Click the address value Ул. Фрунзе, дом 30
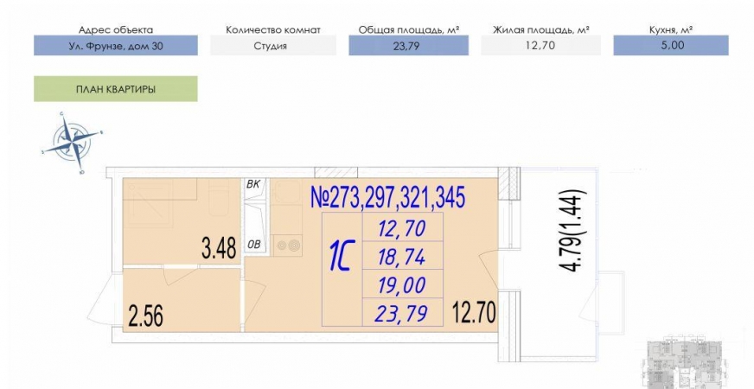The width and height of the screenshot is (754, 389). (116, 46)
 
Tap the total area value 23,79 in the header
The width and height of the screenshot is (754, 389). (408, 46)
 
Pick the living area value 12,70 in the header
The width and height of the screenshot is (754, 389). (540, 46)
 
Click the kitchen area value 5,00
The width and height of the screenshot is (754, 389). (671, 46)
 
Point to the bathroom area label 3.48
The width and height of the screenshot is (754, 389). (219, 250)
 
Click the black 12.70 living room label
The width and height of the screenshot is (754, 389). (474, 310)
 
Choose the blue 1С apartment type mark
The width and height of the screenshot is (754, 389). (341, 257)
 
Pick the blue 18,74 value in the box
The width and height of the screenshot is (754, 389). (402, 257)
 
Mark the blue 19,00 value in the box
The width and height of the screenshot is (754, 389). (402, 285)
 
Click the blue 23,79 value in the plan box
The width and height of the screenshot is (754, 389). (402, 313)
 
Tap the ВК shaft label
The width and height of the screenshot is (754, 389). (253, 185)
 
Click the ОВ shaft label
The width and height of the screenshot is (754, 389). (253, 245)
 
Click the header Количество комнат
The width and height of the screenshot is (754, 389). (272, 29)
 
